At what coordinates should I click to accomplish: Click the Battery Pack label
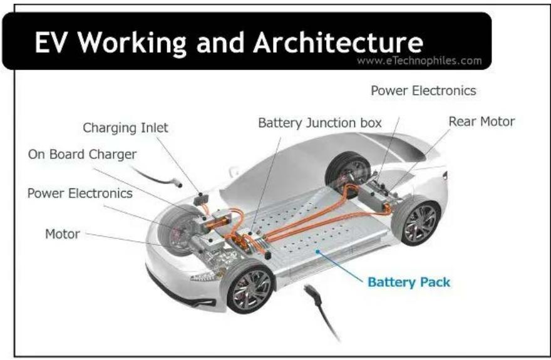(x=408, y=282)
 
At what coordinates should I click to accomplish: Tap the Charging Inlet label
(x=125, y=128)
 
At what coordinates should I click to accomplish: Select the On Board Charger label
(x=81, y=154)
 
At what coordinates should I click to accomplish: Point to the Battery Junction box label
(x=319, y=123)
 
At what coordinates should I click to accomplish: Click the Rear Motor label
(x=481, y=121)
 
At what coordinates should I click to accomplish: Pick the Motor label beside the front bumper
(x=62, y=234)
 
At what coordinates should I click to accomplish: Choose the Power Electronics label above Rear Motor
(x=423, y=91)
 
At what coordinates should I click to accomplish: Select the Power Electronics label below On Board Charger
(x=80, y=193)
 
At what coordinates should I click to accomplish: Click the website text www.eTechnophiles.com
(x=419, y=61)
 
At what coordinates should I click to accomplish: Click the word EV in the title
(x=52, y=43)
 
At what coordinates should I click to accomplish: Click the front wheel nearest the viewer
(x=250, y=289)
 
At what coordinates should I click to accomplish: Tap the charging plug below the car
(x=311, y=294)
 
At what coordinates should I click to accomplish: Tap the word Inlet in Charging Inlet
(x=153, y=128)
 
